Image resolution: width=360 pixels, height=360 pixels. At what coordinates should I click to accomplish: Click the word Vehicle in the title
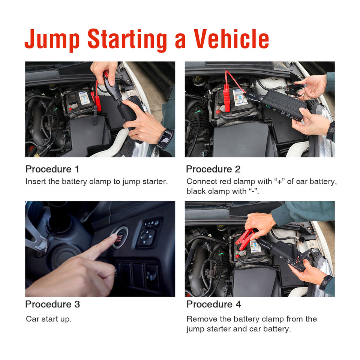click(231, 39)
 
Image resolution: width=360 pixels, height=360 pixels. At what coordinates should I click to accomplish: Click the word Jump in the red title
click(52, 40)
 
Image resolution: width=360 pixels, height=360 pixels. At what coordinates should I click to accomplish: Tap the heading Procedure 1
click(52, 169)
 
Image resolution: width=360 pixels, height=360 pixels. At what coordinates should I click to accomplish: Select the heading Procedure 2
click(213, 169)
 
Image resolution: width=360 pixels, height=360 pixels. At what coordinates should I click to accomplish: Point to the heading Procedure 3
click(52, 304)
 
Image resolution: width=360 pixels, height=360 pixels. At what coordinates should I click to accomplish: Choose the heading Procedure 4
click(214, 304)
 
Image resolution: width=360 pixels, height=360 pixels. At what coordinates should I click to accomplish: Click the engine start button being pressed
click(120, 238)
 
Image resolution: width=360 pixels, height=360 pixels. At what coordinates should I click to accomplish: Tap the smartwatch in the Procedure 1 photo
click(165, 138)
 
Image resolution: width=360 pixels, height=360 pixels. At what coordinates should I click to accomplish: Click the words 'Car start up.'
click(49, 319)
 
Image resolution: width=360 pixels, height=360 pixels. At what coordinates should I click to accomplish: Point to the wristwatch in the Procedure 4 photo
click(325, 282)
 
